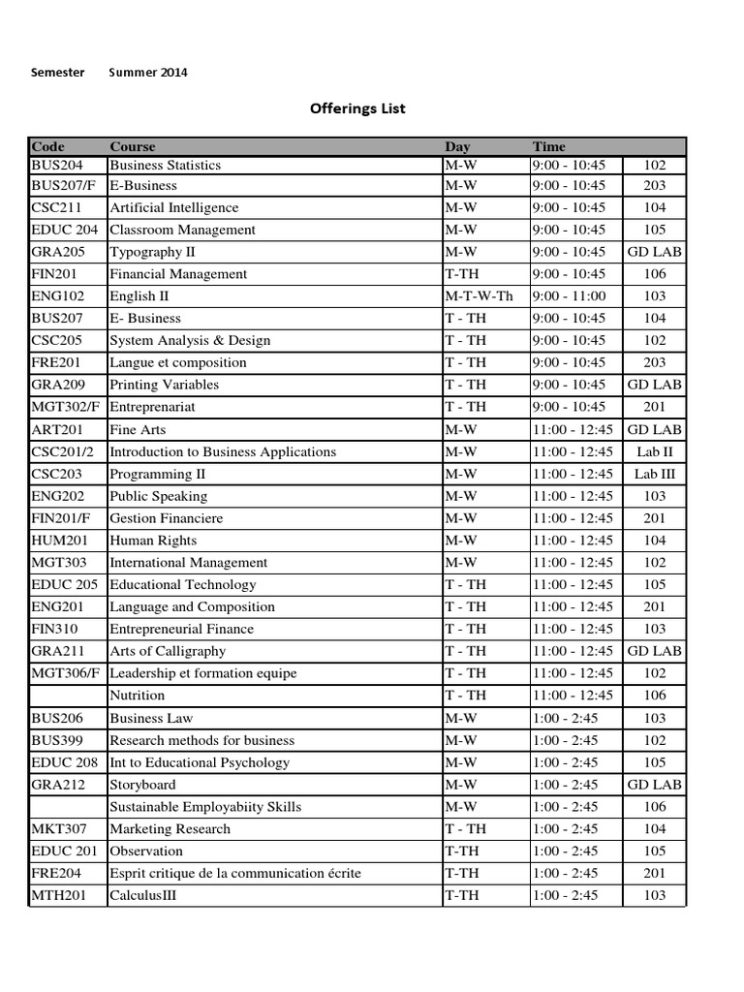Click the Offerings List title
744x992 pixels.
(x=357, y=108)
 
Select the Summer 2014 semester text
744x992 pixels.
(x=148, y=72)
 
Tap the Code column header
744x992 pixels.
(x=47, y=146)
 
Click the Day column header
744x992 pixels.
(x=457, y=146)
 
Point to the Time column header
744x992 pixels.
(x=548, y=146)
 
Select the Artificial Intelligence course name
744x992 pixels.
(x=173, y=207)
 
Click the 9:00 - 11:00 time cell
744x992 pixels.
(x=569, y=296)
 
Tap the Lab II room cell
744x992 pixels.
(x=655, y=451)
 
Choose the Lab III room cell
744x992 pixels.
(x=655, y=474)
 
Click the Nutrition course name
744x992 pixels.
(x=137, y=695)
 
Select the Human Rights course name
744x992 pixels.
(x=153, y=541)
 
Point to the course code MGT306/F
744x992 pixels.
(x=66, y=673)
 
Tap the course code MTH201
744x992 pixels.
(x=58, y=895)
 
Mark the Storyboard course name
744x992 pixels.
(x=142, y=785)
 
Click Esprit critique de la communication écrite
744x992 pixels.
(x=235, y=873)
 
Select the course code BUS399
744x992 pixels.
(x=55, y=740)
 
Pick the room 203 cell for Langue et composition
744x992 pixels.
(x=655, y=362)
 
